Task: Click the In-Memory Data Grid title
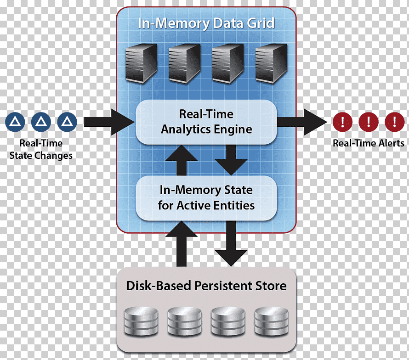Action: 206,23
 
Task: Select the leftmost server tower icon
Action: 142,64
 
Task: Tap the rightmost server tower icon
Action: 271,64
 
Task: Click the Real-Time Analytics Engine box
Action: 206,122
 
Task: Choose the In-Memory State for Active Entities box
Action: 206,198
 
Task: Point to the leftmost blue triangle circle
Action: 15,122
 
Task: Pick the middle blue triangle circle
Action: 41,122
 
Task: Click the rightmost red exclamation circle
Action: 395,122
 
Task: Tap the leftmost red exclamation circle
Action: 342,122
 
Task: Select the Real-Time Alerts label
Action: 368,143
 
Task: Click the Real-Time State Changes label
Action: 41,149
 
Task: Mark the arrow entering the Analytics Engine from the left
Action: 109,122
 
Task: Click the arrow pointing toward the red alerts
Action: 302,122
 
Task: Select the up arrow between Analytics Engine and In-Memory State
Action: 181,160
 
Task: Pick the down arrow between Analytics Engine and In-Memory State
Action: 231,160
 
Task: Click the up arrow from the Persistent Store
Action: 181,244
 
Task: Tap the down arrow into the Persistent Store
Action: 231,243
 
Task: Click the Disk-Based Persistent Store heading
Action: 206,286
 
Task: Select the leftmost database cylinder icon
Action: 141,321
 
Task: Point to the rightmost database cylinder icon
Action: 271,321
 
